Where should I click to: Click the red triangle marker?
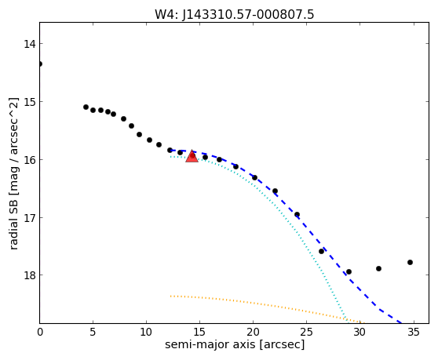192,156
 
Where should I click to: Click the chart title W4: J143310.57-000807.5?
235,15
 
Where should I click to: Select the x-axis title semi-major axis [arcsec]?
235,344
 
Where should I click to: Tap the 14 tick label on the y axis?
29,44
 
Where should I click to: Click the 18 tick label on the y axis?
29,275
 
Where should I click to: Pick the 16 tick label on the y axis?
29,160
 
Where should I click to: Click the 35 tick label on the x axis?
413,332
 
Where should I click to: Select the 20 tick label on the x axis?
253,332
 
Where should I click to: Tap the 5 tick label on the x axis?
93,332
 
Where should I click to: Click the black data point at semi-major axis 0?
40,64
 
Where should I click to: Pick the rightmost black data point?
410,262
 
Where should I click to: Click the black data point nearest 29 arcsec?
349,271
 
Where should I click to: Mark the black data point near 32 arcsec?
378,268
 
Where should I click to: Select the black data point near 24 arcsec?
297,215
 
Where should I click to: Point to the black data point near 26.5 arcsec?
321,251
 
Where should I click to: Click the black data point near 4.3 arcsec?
86,107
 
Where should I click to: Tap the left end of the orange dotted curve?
170,296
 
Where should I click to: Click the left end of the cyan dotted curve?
170,157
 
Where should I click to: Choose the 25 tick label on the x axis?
306,332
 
